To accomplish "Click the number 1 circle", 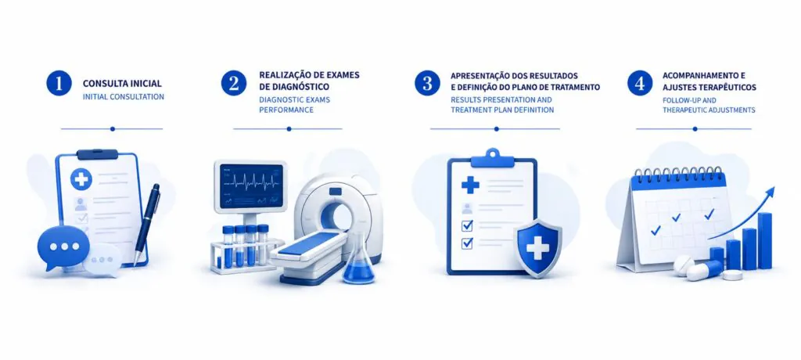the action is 59,83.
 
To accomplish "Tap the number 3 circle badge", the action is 427,83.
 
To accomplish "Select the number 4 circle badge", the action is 640,83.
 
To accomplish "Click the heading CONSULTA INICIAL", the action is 122,84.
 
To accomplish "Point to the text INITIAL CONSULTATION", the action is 123,96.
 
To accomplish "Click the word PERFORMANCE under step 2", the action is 286,110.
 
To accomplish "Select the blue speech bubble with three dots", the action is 63,247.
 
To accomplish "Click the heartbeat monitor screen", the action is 251,185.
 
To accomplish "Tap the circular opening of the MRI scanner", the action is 337,216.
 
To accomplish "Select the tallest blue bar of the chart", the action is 765,240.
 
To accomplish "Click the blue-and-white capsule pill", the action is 705,271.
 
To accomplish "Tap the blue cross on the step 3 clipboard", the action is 470,185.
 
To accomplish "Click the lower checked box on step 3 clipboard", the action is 467,243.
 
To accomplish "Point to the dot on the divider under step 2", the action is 289,129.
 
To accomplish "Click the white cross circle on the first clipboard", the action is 81,179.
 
